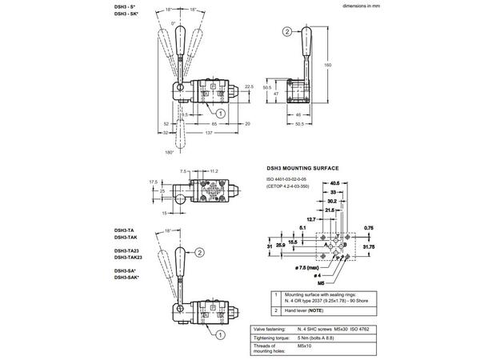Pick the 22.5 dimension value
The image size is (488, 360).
[249, 87]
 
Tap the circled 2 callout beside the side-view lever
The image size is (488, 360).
[286, 32]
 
